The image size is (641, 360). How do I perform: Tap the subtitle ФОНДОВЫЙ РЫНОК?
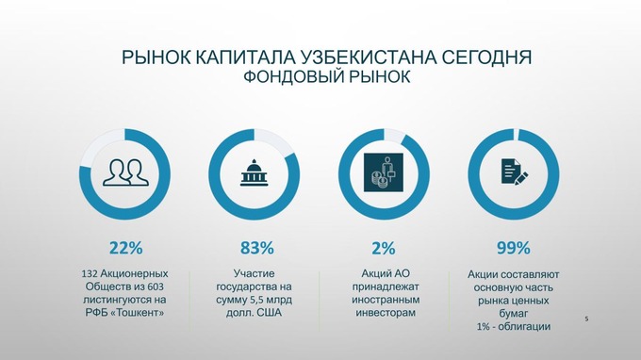click(327, 76)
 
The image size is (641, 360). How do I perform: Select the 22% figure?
click(126, 248)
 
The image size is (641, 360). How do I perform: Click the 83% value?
click(256, 248)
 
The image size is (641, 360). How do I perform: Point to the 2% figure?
click(384, 248)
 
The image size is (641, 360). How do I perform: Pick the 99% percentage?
click(514, 248)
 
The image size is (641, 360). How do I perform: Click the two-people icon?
click(125, 172)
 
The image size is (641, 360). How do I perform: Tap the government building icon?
click(254, 172)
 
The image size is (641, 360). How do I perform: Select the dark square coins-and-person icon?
click(384, 172)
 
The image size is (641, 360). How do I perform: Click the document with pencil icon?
click(515, 172)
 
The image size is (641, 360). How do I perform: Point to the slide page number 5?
click(586, 319)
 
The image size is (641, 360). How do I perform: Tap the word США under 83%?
click(270, 313)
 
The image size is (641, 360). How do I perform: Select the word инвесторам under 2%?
click(386, 313)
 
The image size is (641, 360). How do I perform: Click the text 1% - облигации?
click(514, 326)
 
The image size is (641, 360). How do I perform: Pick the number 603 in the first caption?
click(156, 286)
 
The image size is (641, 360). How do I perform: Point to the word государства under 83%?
click(248, 286)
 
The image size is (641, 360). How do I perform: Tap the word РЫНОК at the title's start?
click(156, 57)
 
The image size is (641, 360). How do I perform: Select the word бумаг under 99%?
click(514, 314)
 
